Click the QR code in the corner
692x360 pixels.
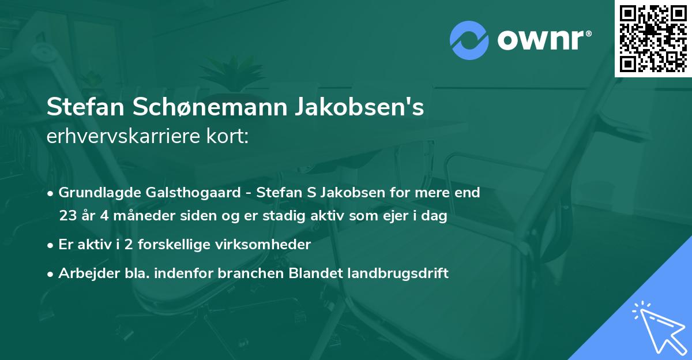pos(653,39)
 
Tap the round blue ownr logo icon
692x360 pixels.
pos(469,40)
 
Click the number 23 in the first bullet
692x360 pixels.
pos(67,216)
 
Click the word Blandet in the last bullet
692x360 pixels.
pos(314,273)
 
